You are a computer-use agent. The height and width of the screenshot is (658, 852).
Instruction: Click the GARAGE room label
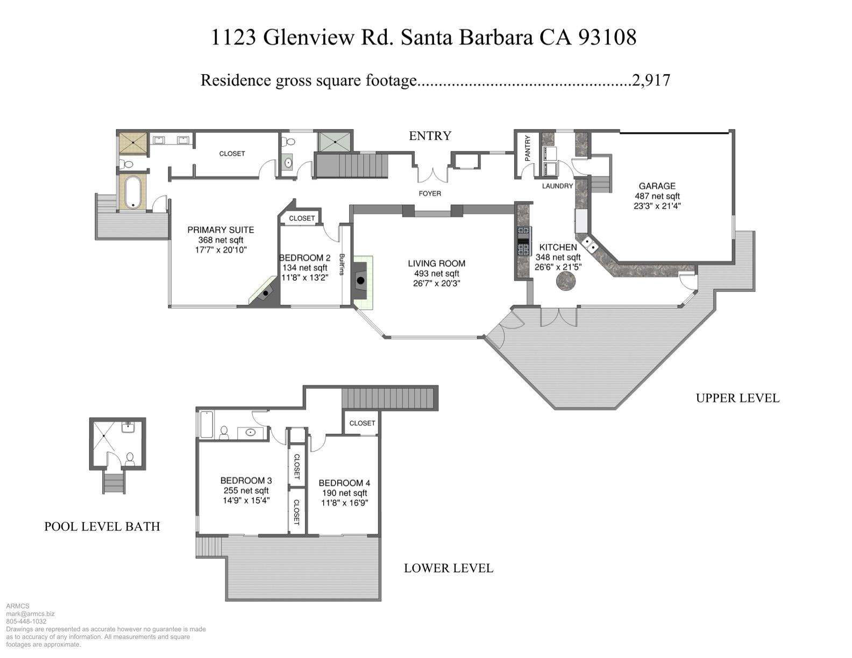click(657, 186)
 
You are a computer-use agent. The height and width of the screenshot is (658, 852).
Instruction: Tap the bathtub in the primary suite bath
click(132, 192)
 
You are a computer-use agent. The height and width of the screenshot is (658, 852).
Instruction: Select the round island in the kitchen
click(565, 281)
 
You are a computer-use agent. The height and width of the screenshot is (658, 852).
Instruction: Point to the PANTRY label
click(528, 148)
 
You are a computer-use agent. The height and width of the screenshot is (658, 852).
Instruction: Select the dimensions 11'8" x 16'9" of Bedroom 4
click(344, 503)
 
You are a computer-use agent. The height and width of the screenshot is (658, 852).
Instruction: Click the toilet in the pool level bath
click(130, 459)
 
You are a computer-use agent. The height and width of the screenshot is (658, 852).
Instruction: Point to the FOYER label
click(430, 194)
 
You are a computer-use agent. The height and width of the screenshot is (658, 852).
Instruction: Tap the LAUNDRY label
click(557, 186)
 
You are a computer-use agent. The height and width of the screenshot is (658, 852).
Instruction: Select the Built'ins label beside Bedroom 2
click(342, 264)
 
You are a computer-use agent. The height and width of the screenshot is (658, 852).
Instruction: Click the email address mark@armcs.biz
click(30, 613)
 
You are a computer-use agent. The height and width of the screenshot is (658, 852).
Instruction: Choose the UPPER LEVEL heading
click(737, 398)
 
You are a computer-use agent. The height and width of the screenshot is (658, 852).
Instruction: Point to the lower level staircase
click(389, 398)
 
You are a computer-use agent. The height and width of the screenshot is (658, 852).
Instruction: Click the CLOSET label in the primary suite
click(232, 154)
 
